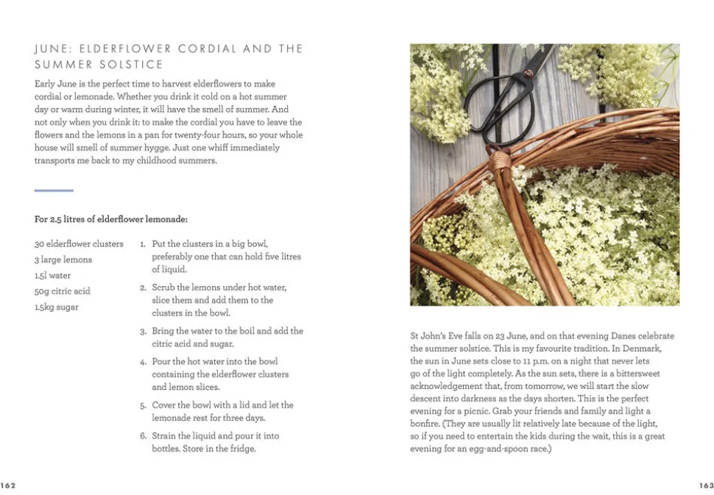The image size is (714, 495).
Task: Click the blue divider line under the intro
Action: pos(54,190)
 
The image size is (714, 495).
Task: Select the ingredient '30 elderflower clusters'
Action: pos(79,244)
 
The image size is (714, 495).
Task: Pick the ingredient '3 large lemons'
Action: pos(63,260)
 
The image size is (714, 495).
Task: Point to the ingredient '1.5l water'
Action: pos(53,276)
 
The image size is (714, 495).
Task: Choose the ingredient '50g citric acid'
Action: pos(63,291)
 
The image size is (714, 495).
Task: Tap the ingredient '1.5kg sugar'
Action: pos(57,307)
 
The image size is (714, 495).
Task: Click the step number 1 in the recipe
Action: pos(143,244)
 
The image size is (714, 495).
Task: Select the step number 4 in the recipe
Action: pos(143,363)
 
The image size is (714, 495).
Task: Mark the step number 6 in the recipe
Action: pos(143,437)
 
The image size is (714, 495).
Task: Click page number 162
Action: pos(8,485)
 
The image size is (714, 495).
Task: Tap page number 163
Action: pos(706,485)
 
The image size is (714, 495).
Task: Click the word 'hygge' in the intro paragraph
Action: pos(160,135)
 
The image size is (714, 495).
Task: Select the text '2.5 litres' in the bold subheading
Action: pos(68,219)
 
